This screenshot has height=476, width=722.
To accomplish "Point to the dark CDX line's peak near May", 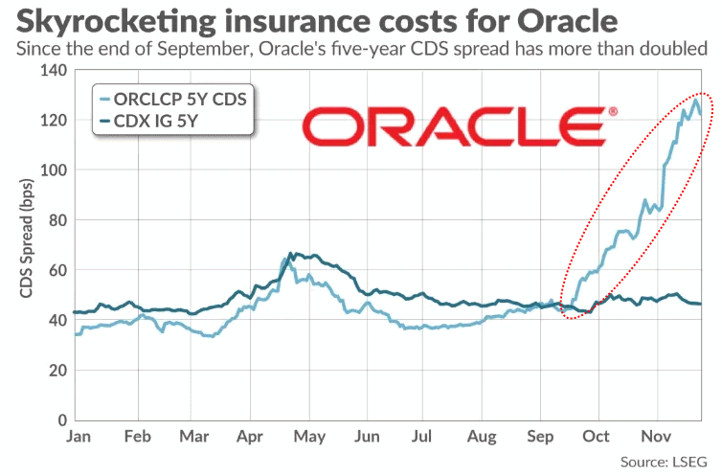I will pyautogui.click(x=291, y=253).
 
